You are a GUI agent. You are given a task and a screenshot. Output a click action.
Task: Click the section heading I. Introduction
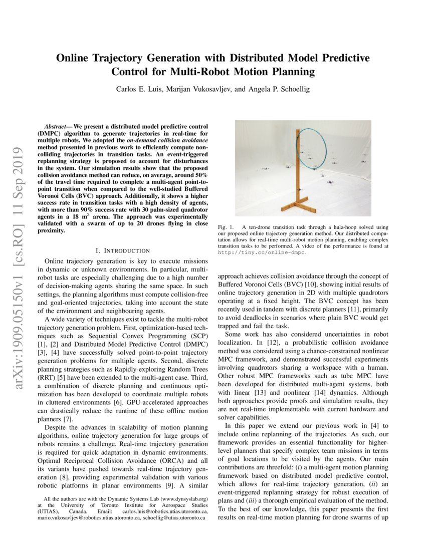[x=122, y=250]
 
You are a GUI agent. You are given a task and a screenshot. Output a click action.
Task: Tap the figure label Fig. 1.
[x=225, y=227]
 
